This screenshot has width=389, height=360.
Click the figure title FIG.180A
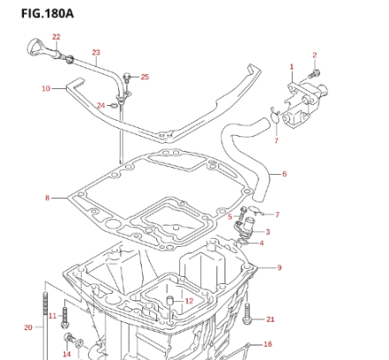pos(48,13)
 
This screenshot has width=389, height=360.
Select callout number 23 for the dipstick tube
pos(96,52)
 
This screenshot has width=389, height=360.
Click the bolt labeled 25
pos(127,78)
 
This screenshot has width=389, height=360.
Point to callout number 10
pos(46,88)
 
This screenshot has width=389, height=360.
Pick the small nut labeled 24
pos(112,105)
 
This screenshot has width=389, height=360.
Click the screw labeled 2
pos(314,73)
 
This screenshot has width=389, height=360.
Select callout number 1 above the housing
pos(292,67)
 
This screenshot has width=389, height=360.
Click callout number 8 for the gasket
pos(48,198)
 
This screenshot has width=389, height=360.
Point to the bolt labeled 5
pos(242,214)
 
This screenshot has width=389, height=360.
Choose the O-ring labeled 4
pos(243,243)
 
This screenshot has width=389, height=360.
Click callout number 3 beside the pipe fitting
pos(267,232)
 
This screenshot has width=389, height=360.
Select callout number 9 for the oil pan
pos(279,267)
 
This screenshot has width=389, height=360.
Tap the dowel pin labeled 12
pos(169,300)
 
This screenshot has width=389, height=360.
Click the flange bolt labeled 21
pos(247,313)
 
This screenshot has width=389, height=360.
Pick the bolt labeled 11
pos(64,318)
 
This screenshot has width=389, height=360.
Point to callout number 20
pos(28,327)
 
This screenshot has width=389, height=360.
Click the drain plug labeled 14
pos(69,338)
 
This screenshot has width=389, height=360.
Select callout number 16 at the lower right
pos(267,344)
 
